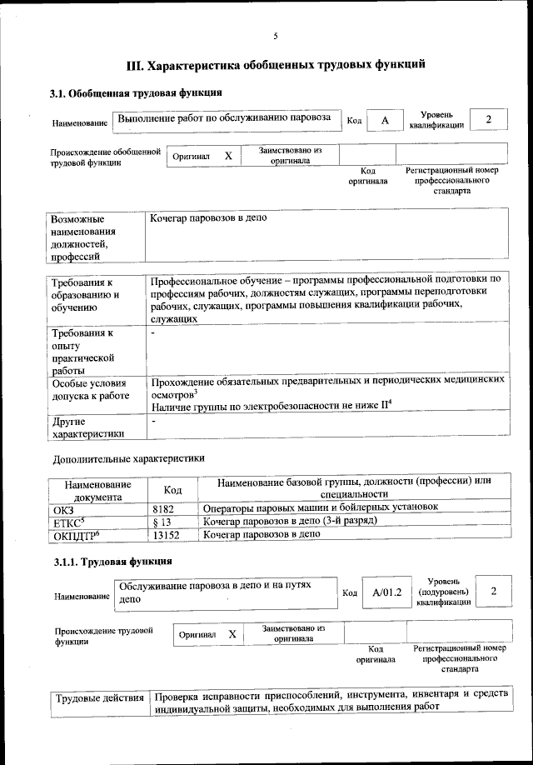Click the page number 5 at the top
(x=275, y=34)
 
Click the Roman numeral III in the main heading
(x=136, y=64)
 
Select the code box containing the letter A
(x=385, y=121)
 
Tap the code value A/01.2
(x=387, y=592)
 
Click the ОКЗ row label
(x=63, y=507)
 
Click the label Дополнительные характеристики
(x=127, y=458)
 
